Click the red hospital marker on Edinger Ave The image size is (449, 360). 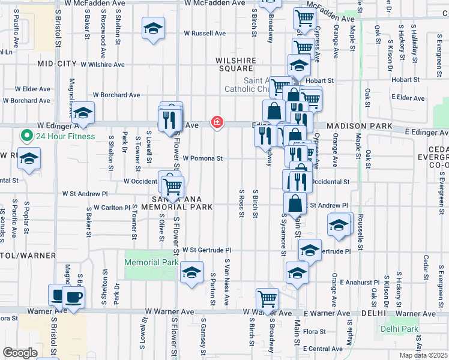point(217,122)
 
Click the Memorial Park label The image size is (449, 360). point(151,262)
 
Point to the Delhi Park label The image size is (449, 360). point(399,329)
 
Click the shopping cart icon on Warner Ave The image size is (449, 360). point(267,298)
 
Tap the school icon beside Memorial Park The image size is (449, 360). point(191,273)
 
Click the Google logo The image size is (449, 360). point(20,353)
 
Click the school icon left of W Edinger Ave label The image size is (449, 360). point(83,112)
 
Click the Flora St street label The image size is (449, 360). point(315,331)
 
